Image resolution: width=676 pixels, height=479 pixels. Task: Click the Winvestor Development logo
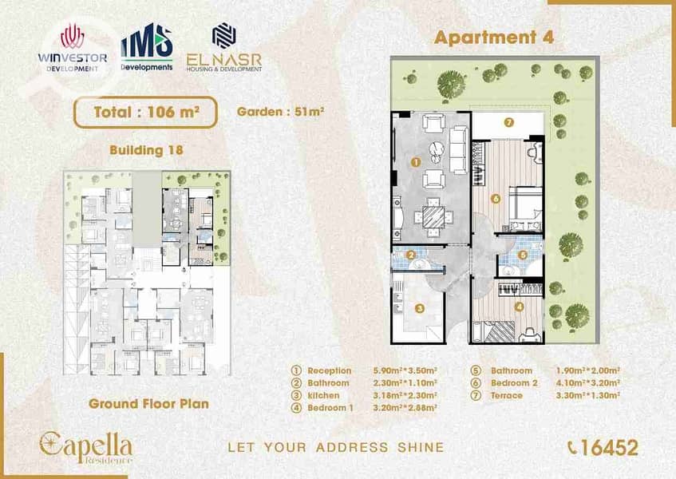tap(73, 48)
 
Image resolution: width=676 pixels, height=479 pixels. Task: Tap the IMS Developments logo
tap(147, 47)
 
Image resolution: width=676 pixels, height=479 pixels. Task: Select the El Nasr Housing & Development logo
tap(223, 47)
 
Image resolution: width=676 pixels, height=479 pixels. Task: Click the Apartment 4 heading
tap(494, 38)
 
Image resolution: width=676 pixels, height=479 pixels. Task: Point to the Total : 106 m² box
tap(145, 112)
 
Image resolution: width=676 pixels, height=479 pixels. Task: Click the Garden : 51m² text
tap(280, 112)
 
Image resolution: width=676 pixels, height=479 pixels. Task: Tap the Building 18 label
tap(146, 150)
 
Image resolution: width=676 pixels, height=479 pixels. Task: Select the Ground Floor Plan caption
tap(148, 404)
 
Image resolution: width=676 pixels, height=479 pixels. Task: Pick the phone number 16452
tap(603, 448)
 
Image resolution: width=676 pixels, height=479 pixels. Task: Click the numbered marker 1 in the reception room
tap(416, 162)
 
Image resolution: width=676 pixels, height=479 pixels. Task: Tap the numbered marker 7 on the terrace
tap(508, 122)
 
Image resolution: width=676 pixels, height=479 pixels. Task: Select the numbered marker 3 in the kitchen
tap(420, 308)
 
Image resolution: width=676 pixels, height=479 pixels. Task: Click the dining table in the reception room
tap(433, 217)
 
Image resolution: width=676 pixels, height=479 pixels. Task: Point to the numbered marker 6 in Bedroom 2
tap(496, 199)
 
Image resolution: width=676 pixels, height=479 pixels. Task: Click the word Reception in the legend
tap(330, 370)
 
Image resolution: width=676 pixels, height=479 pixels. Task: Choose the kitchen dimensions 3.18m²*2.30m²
tap(405, 395)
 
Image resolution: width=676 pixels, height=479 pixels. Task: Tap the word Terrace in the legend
tap(507, 395)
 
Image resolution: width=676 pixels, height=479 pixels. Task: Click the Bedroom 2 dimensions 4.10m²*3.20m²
tap(588, 383)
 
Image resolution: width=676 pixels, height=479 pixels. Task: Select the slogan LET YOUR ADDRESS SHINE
tap(336, 448)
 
